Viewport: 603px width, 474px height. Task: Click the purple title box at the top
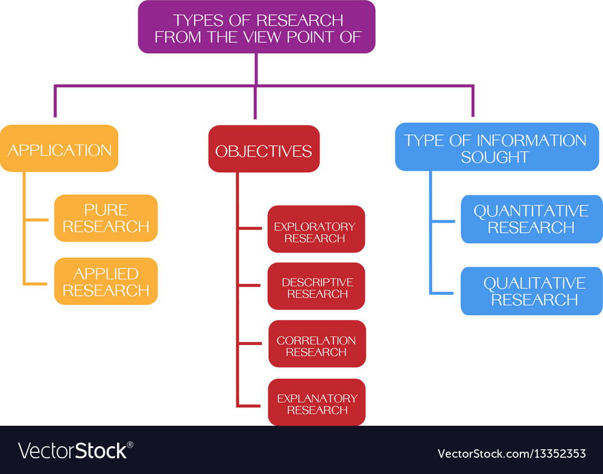coord(256,27)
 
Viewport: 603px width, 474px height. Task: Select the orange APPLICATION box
coord(59,149)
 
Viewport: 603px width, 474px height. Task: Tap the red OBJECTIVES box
coord(264,150)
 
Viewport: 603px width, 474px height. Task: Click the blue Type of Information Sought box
coord(496,148)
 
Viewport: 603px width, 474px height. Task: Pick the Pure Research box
coord(106,218)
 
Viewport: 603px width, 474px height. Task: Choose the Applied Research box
coord(106,281)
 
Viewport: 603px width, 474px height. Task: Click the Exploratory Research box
coord(316,229)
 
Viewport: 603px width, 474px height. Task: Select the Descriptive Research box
coord(316,286)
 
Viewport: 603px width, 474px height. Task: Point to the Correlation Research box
coord(317,344)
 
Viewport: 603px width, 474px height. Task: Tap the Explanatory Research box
coord(317,402)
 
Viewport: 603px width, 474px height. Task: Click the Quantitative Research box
coord(531,218)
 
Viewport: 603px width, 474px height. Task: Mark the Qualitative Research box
coord(531,291)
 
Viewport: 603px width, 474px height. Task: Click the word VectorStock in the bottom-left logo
coord(72,450)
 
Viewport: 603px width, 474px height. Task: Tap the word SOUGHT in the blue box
coord(494,157)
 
